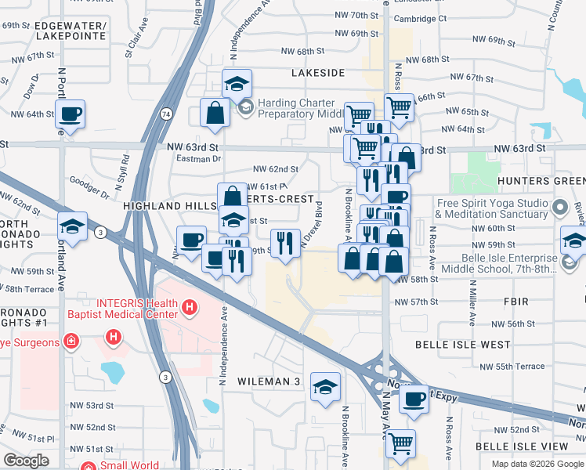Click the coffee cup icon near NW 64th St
(x=70, y=114)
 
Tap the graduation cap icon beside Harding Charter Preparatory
(x=236, y=84)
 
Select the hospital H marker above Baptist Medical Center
(x=190, y=309)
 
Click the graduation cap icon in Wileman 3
(x=325, y=386)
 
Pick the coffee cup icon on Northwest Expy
(x=414, y=398)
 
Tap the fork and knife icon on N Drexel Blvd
(x=285, y=241)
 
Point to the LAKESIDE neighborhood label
(x=318, y=73)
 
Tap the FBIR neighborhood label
(x=517, y=302)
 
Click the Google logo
(x=26, y=461)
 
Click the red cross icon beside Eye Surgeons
(x=71, y=342)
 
